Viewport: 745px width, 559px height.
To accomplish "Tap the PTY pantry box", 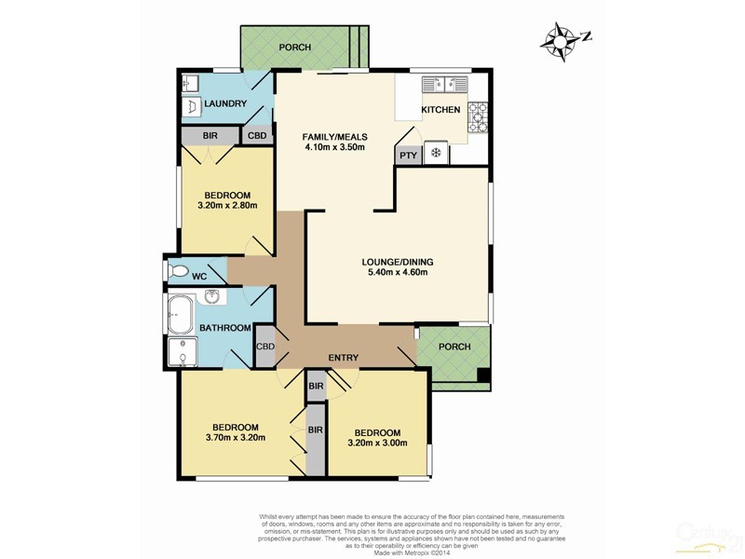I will (408, 156).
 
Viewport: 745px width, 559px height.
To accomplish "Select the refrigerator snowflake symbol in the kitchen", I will (435, 154).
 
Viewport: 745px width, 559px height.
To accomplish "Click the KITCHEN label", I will (440, 110).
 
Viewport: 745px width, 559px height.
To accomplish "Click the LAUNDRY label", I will (224, 103).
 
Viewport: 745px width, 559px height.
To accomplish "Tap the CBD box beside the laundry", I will (256, 136).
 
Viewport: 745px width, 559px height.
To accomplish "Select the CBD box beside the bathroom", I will (265, 347).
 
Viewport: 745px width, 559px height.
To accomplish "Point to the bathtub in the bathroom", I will (180, 308).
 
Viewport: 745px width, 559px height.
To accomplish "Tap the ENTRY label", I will (344, 358).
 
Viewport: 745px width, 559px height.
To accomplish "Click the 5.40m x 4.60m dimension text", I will (398, 275).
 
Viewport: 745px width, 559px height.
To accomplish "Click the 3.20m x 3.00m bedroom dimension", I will (377, 446).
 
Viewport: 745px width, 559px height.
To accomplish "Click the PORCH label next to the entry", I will (454, 348).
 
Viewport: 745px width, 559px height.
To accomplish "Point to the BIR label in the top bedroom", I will (210, 136).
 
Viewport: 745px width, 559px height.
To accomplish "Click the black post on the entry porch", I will (482, 375).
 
